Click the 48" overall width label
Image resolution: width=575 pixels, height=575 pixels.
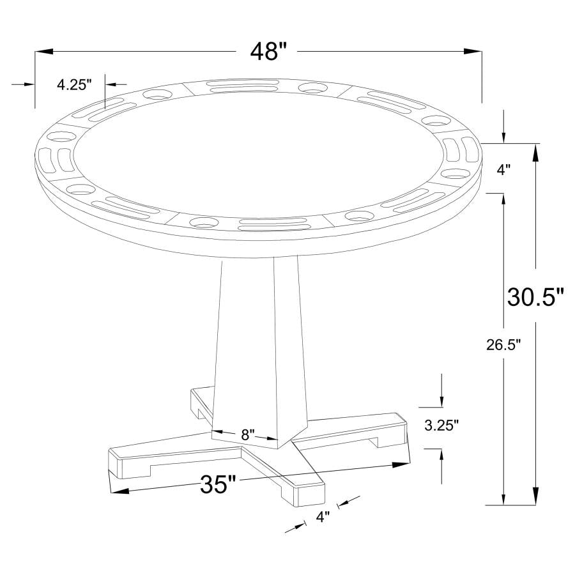coord(266,51)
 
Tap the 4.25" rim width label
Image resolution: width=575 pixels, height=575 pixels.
coord(75,84)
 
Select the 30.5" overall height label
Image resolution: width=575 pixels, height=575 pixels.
coord(536,297)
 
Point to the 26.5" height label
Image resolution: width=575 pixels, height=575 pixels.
coord(503,346)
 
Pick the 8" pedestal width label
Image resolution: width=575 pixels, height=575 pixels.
coord(248,434)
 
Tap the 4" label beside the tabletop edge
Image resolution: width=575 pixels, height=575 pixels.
coord(504,169)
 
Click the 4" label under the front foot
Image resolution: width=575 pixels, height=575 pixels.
coord(323,517)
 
